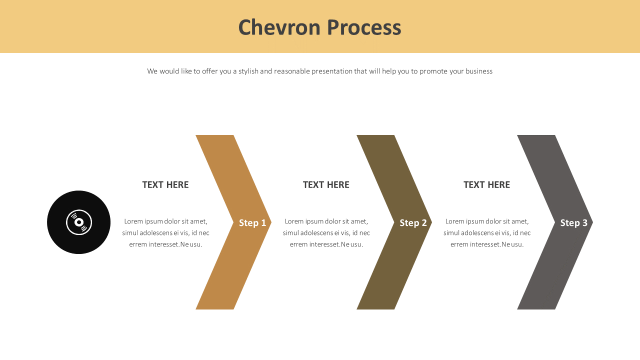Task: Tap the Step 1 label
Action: click(252, 223)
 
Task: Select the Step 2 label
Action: click(413, 223)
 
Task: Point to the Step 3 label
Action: click(573, 223)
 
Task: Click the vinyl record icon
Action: click(79, 222)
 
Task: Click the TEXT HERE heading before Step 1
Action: click(165, 185)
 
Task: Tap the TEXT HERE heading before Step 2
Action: click(326, 185)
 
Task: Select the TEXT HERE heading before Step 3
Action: click(486, 185)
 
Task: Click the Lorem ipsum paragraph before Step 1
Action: click(165, 233)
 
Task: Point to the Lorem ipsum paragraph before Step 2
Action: click(326, 233)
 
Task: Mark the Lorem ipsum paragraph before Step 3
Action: click(486, 233)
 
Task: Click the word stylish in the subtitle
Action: click(248, 71)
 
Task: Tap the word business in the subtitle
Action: click(479, 71)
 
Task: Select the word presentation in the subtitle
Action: click(332, 71)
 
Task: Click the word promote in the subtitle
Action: click(433, 71)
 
